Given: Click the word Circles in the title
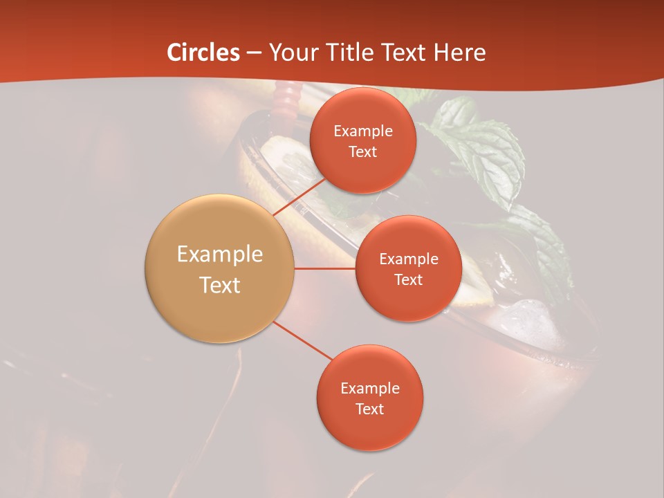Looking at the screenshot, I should pyautogui.click(x=203, y=53).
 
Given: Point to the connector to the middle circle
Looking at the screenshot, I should pyautogui.click(x=325, y=268).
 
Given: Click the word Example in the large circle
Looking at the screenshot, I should pyautogui.click(x=220, y=255).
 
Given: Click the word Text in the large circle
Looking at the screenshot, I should pyautogui.click(x=220, y=285).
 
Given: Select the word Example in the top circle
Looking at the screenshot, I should pyautogui.click(x=363, y=131).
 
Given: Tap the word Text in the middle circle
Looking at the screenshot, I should pyautogui.click(x=408, y=279).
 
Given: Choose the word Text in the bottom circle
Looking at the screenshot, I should pyautogui.click(x=370, y=409).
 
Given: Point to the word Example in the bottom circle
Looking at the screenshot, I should pyautogui.click(x=370, y=389).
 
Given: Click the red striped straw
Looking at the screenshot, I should pyautogui.click(x=285, y=100).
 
